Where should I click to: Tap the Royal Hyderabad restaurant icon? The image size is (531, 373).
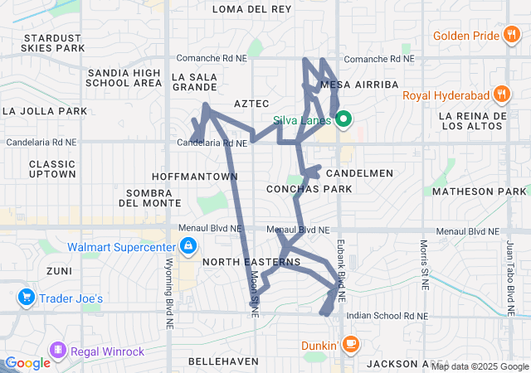(x=500, y=94)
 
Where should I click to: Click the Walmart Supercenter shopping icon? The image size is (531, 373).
(x=189, y=246)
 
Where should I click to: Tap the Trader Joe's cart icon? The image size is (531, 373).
(x=25, y=298)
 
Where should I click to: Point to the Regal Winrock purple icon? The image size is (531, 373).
(x=57, y=351)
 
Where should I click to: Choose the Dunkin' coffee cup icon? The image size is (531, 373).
(x=351, y=343)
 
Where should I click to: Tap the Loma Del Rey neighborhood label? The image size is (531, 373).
(x=251, y=9)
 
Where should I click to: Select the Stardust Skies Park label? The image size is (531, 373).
(x=55, y=43)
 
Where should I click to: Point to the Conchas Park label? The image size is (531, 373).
(x=309, y=189)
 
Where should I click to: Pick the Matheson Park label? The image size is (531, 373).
(x=485, y=191)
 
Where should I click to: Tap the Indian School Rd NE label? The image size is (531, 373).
(x=387, y=316)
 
